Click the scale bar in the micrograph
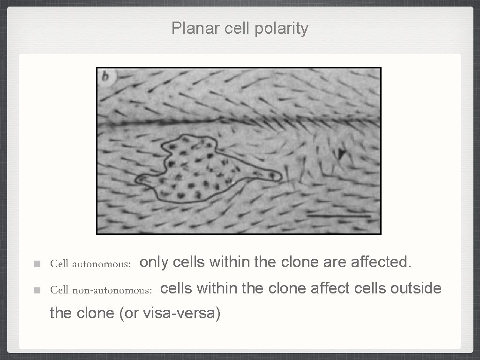(x=339, y=216)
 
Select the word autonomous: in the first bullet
(x=101, y=264)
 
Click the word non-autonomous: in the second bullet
(x=112, y=290)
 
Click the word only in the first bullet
(x=154, y=262)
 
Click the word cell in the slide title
(x=238, y=29)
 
